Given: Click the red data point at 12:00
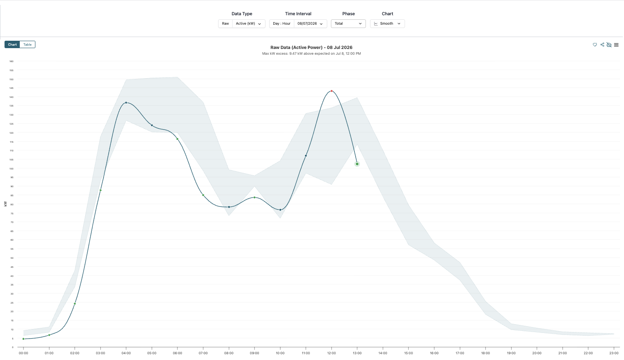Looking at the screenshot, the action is coord(331,91).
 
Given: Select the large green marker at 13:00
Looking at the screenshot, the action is coord(357,164).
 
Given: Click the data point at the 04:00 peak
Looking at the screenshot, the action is coord(126,103).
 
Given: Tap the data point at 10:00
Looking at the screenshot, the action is coord(280,210).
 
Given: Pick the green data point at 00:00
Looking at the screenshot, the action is coord(23,339).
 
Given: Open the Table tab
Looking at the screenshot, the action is coord(27,44).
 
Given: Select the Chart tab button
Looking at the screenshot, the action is coord(12,44).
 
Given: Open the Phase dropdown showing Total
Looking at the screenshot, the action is coord(348,24).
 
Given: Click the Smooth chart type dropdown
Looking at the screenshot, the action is coord(387,24).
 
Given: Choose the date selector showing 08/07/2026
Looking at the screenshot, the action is coord(310,24).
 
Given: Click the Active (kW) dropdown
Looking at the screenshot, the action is coord(249,24).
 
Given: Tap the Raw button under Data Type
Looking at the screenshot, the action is coord(226,24).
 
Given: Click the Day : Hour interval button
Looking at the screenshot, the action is coord(282,24).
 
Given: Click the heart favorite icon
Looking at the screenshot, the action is coord(595,44).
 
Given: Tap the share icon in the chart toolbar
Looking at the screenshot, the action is coord(602,44).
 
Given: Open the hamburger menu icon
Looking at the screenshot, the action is coord(616,45).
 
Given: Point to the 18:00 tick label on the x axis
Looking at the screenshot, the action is coord(486,353).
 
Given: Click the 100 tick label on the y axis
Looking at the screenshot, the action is coord(12,168).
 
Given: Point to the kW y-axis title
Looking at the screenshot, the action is coord(5,204).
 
